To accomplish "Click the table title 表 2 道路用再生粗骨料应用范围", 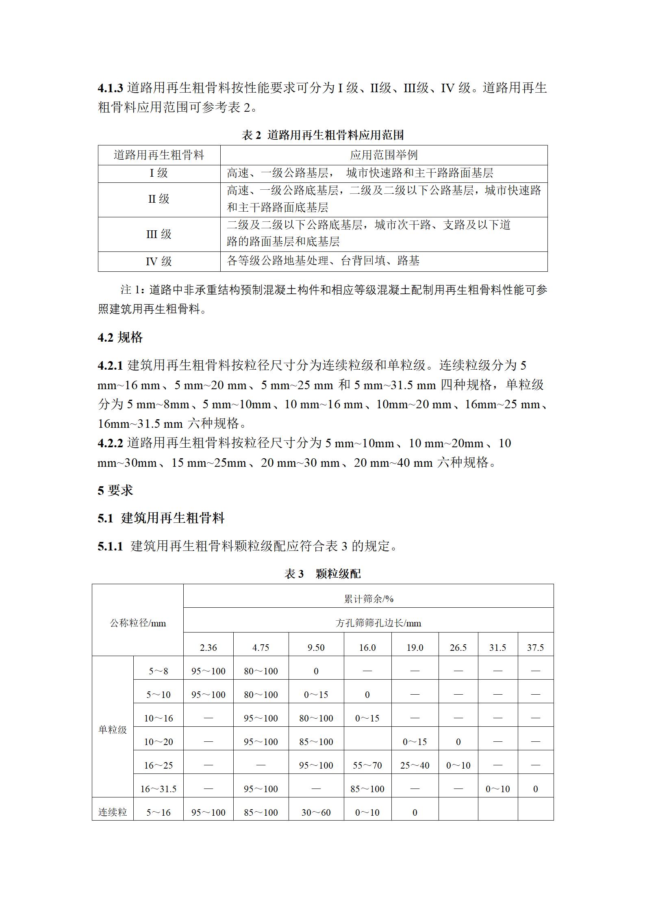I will coord(322,135).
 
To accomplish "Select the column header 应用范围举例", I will coord(384,155).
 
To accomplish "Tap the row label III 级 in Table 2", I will coord(159,234).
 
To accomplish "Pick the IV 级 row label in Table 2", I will coord(159,261).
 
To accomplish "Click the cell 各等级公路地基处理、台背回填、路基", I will coord(323,261).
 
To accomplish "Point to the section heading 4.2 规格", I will coord(120,338).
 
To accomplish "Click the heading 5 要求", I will coord(115,490).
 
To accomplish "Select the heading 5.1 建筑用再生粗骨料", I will coord(161,518).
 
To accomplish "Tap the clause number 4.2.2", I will coord(110,443).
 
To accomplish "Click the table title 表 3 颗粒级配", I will coord(322,574).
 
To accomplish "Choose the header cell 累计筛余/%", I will coord(368,599).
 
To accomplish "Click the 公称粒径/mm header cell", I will coord(138,623).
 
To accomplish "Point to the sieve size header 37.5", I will coord(535,648).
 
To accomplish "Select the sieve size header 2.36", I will coord(208,648).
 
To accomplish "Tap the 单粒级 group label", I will coord(113,730).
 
